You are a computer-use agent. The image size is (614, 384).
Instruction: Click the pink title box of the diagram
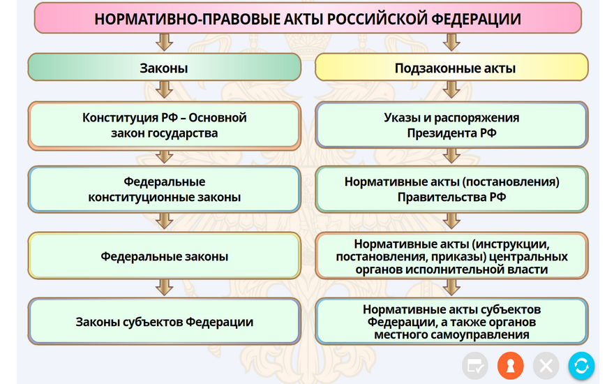pyautogui.click(x=308, y=18)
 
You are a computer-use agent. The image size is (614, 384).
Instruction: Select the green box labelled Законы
pyautogui.click(x=164, y=68)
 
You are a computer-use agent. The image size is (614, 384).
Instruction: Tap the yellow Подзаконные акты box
pyautogui.click(x=451, y=68)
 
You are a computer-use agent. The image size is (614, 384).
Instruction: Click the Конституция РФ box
pyautogui.click(x=164, y=126)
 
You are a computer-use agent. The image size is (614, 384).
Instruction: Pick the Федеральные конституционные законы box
pyautogui.click(x=164, y=189)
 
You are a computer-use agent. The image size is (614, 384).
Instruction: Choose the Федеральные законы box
pyautogui.click(x=164, y=256)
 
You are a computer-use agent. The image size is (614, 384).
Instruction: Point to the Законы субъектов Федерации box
pyautogui.click(x=164, y=321)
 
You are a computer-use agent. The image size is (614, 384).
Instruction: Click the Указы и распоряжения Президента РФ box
pyautogui.click(x=451, y=125)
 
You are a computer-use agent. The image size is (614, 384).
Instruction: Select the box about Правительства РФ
pyautogui.click(x=451, y=189)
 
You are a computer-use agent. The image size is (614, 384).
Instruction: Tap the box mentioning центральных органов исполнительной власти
pyautogui.click(x=451, y=256)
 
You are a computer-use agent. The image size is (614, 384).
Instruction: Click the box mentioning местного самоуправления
pyautogui.click(x=451, y=321)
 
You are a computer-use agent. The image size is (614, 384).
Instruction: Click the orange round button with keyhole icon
pyautogui.click(x=510, y=366)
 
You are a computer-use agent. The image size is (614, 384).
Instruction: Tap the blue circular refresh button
pyautogui.click(x=581, y=366)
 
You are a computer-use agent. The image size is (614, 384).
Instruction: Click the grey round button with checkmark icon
pyautogui.click(x=475, y=366)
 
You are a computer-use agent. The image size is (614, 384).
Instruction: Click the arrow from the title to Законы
pyautogui.click(x=164, y=43)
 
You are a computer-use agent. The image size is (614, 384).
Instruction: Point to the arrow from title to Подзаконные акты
pyautogui.click(x=451, y=43)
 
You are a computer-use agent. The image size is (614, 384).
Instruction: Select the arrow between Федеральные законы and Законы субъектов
pyautogui.click(x=164, y=288)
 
